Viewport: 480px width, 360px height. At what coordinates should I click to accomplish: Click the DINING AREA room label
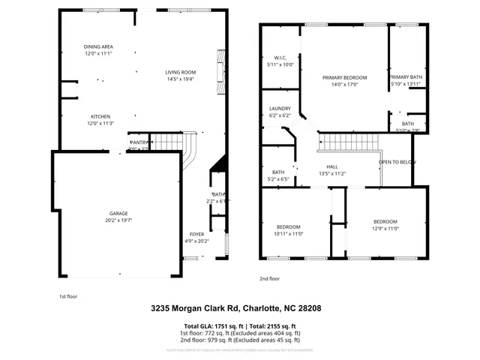pos(98,47)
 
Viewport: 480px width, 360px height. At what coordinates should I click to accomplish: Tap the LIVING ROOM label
pos(180,73)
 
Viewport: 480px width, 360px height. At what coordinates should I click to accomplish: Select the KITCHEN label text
pos(100,117)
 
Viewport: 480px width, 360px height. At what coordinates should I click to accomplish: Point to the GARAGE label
pos(116,213)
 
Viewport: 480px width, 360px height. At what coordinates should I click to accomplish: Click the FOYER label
pos(196,234)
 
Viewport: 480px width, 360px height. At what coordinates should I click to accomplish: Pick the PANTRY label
pos(139,142)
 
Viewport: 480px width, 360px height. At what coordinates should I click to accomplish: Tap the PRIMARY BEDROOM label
pos(344,78)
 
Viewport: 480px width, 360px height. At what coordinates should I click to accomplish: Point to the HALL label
pos(332,167)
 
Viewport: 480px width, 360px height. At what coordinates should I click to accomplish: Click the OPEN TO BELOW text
pos(397,162)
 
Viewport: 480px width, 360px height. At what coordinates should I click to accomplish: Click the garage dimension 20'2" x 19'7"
pos(116,220)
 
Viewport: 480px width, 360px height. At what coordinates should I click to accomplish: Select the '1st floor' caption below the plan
pos(68,295)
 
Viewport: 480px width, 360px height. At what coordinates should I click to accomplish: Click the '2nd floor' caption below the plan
pos(269,278)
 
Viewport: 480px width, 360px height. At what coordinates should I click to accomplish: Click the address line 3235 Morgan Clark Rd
pos(239,307)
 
